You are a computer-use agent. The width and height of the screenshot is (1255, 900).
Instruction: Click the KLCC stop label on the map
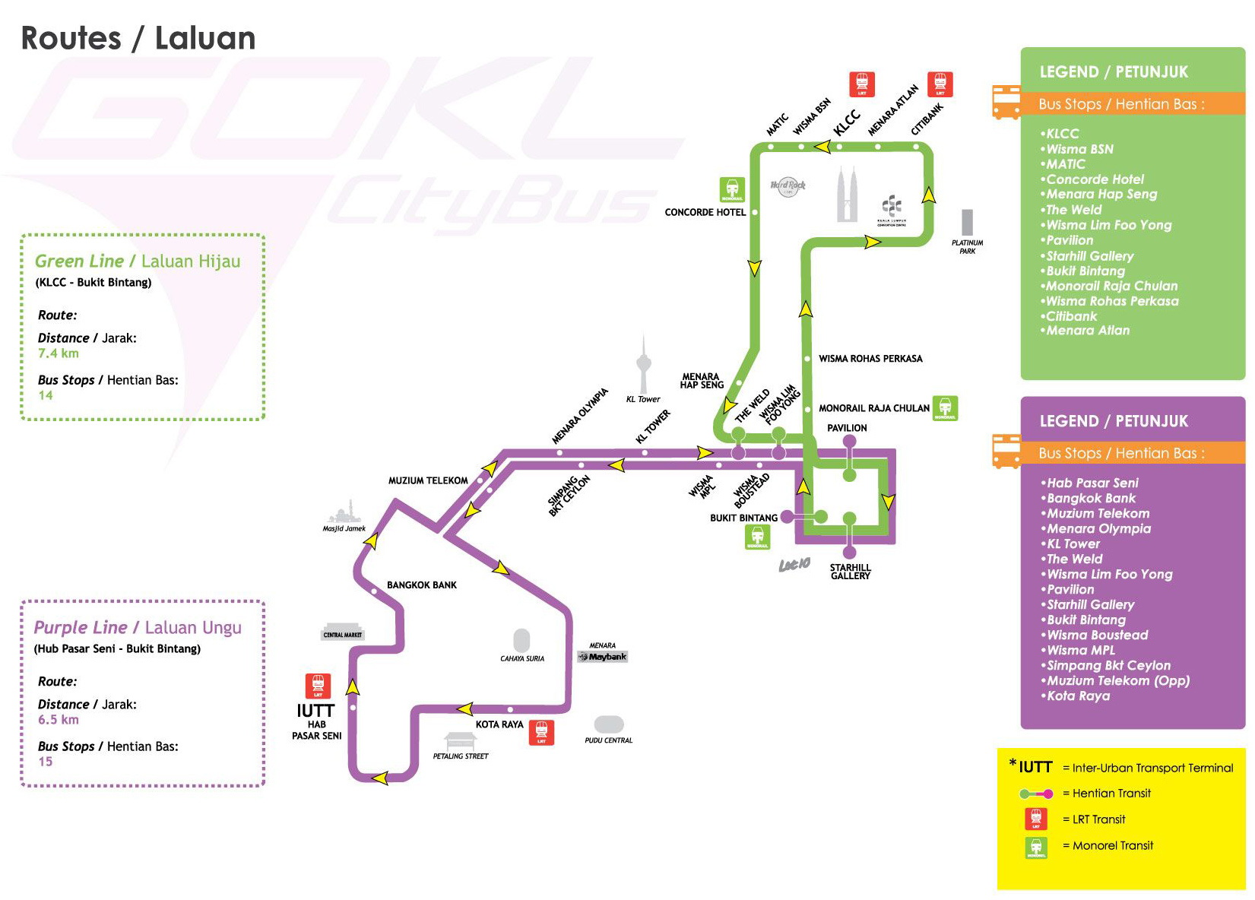pos(847,122)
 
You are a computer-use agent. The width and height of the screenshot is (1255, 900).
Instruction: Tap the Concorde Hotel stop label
pos(705,212)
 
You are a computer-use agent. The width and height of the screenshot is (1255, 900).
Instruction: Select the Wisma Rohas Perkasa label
pos(870,359)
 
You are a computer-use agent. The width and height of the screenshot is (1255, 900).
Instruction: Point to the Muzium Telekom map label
pos(428,480)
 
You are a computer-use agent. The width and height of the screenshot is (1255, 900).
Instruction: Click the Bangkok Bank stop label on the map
pos(422,585)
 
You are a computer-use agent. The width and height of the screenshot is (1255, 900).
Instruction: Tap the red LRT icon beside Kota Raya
pos(541,732)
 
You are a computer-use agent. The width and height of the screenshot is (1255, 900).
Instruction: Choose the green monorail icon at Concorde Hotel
pos(732,189)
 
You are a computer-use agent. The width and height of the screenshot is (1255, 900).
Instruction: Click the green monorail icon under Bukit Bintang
pos(757,537)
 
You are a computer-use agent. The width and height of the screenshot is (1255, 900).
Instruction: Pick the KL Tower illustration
pos(644,365)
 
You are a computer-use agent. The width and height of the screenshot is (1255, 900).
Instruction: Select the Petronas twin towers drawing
pos(847,195)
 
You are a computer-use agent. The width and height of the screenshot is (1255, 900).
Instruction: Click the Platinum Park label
pos(967,247)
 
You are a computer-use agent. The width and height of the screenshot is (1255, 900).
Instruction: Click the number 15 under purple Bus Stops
pos(46,762)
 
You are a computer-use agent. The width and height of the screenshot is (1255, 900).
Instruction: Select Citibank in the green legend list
pos(1071,316)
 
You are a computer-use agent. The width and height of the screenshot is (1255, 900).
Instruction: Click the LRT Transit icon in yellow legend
pos(1035,819)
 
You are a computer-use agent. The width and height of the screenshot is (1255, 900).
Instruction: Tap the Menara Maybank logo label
pos(603,656)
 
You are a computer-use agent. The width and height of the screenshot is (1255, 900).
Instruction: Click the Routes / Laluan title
pos(138,39)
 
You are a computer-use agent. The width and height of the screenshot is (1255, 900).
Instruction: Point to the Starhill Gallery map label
pos(850,572)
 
